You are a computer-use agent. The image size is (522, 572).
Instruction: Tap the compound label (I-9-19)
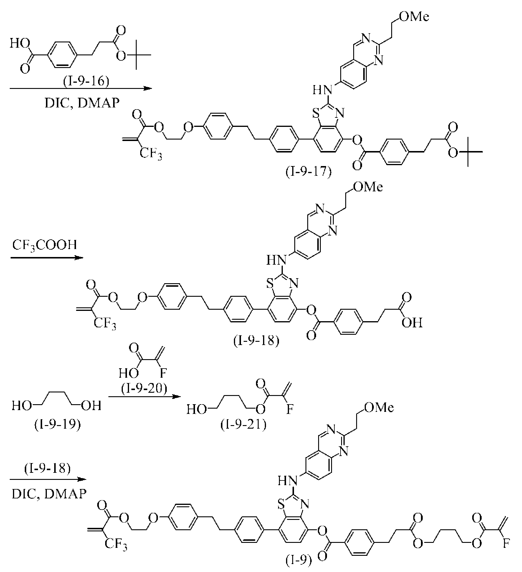57,425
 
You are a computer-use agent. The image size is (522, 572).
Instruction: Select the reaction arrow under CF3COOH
47,258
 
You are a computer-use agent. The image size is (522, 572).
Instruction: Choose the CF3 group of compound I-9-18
105,325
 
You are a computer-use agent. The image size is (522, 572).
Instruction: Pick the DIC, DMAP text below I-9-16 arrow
82,103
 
